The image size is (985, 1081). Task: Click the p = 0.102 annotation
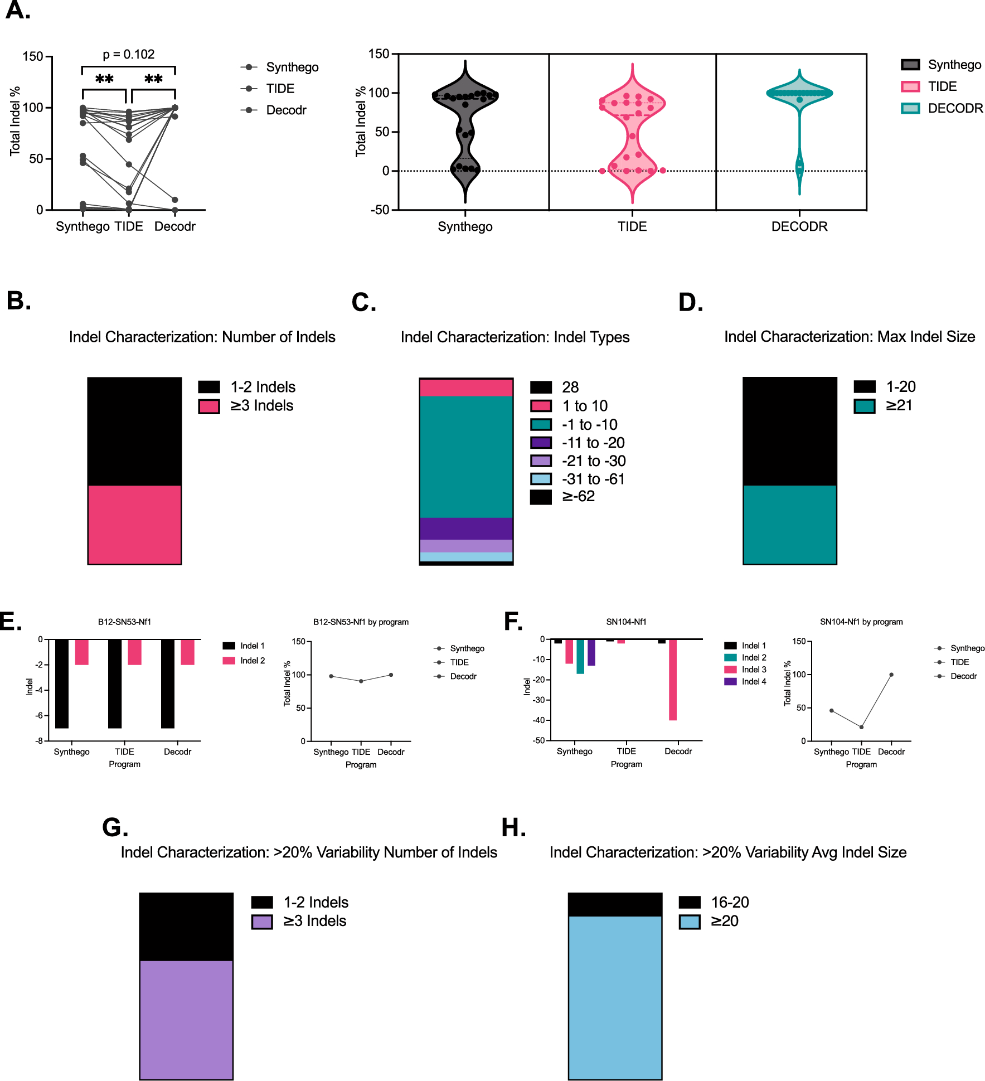[128, 55]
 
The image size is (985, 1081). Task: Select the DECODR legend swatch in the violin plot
[910, 108]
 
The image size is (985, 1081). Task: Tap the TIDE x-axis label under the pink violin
[632, 227]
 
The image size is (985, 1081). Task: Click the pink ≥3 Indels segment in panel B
[134, 524]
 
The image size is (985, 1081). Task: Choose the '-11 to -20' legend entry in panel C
[593, 443]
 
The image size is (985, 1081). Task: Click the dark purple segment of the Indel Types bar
[466, 529]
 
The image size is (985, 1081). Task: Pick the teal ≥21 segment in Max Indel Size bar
[789, 524]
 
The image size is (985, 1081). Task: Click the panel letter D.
[690, 303]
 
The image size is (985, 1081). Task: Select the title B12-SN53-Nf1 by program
[361, 622]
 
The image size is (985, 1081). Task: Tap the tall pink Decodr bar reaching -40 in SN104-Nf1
[673, 680]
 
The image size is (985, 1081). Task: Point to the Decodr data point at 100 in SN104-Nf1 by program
[891, 675]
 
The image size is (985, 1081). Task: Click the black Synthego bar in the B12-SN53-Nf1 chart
[62, 683]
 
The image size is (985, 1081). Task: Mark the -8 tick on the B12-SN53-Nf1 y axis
[39, 741]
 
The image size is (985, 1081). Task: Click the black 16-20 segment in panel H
[615, 904]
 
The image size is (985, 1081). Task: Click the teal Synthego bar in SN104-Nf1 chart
[580, 657]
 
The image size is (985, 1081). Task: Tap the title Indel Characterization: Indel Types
[515, 337]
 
